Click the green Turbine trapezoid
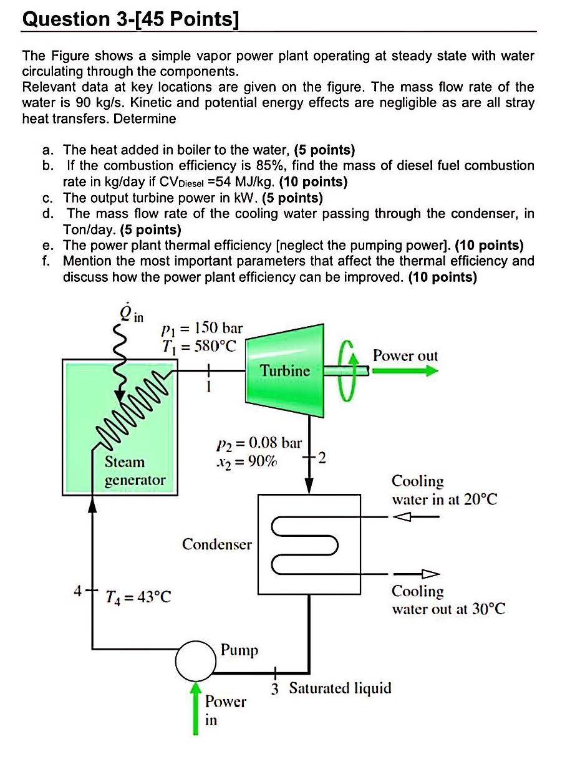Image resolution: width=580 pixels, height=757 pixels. (x=285, y=370)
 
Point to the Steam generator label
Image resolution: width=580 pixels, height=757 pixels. (x=135, y=471)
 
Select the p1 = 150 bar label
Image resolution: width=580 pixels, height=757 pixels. (x=201, y=327)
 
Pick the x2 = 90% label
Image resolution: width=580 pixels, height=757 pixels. (x=248, y=462)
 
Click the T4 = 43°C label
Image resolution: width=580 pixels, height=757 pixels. (x=138, y=597)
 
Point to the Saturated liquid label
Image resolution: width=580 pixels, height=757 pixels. (x=340, y=688)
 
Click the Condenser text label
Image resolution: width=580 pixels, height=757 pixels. (x=216, y=544)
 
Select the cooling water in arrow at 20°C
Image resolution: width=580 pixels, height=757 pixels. (x=412, y=516)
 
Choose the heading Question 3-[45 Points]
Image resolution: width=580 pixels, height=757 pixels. (x=130, y=19)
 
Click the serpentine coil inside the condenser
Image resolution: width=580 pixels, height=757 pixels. (x=306, y=546)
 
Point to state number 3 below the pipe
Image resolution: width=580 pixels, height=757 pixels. (x=275, y=689)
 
